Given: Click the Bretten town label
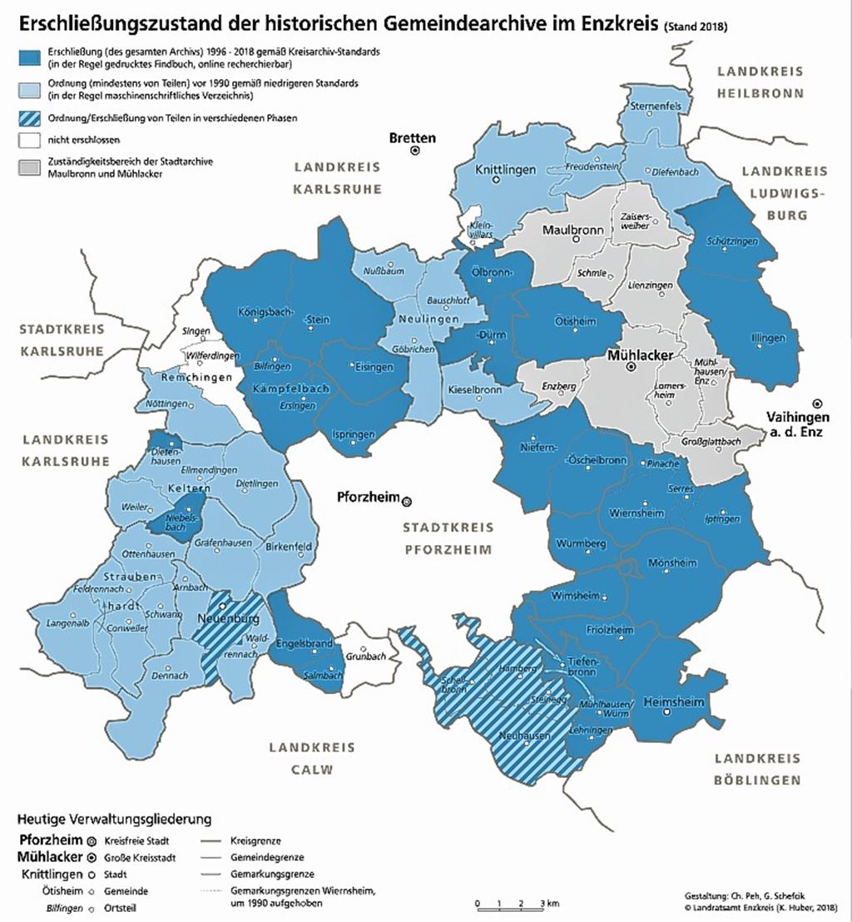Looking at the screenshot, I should coord(412,137).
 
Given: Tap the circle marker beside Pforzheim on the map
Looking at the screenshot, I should coord(407,501).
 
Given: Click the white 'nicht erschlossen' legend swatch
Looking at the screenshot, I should coord(32,140).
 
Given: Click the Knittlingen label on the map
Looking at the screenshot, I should coord(505,170).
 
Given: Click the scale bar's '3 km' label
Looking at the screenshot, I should coord(546,904).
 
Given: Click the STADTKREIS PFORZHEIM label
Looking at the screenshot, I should coord(448,538).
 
